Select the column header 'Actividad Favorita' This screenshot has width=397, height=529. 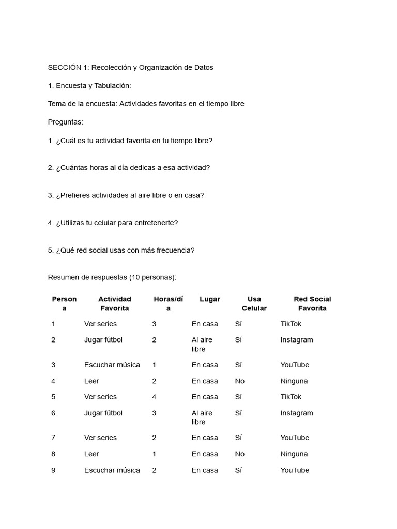[x=115, y=304]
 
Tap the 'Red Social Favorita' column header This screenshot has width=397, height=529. [x=312, y=304]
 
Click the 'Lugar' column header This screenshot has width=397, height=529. [x=209, y=299]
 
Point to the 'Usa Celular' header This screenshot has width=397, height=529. [x=254, y=304]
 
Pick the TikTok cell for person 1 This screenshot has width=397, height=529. [x=291, y=324]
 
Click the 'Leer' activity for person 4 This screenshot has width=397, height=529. [x=91, y=381]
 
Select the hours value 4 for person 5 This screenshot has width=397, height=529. [x=154, y=397]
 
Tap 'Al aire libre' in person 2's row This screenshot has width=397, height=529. [x=202, y=345]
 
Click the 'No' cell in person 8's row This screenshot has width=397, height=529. [x=239, y=454]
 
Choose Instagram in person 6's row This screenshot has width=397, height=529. [x=296, y=413]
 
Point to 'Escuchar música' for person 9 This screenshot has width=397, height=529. [x=112, y=470]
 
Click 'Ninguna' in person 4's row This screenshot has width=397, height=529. [x=294, y=381]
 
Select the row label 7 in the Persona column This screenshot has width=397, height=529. [x=53, y=438]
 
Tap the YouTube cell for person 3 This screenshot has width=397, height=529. [x=295, y=365]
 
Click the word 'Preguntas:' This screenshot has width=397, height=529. [x=65, y=122]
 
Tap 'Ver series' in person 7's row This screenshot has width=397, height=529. [x=100, y=438]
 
